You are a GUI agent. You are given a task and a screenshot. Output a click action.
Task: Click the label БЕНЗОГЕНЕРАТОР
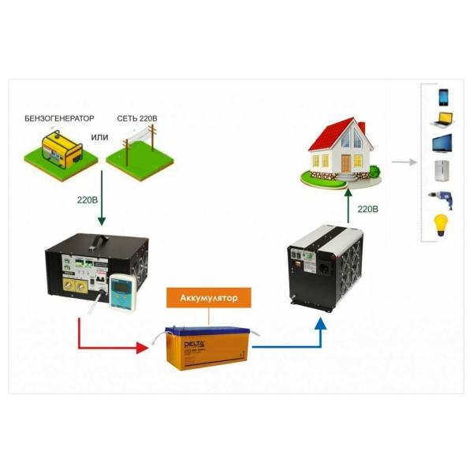coord(65,117)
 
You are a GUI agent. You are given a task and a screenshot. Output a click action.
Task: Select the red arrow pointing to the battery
coord(110,345)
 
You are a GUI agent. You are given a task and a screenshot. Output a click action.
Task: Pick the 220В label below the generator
coord(86,200)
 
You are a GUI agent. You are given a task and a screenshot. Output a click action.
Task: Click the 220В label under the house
coord(368,210)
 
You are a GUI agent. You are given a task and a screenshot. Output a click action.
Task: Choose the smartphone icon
coord(443,97)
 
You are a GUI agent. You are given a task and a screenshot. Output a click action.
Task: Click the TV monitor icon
coord(443,146)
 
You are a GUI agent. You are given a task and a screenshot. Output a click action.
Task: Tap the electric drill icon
coord(441,197)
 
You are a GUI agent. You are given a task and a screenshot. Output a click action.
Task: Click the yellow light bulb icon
coord(443,224)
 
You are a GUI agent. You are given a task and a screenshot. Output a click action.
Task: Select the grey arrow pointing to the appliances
coord(404,162)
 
